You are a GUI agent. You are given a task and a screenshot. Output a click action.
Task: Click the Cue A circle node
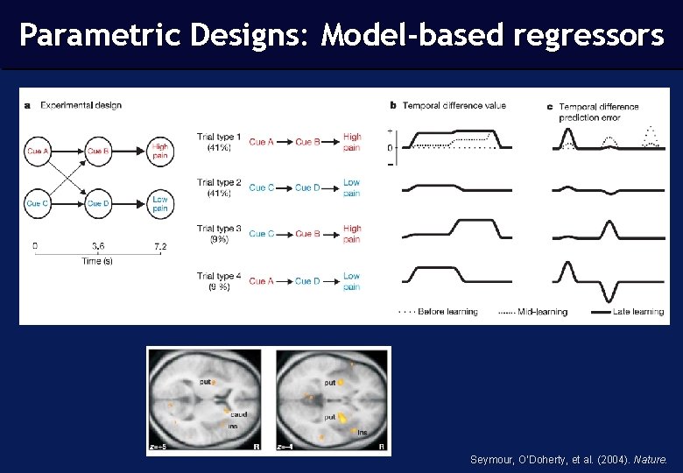[38, 152]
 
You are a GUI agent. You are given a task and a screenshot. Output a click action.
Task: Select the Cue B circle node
[98, 152]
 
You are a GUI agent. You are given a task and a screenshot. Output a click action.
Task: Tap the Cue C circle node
[38, 204]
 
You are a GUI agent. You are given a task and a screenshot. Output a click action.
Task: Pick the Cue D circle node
[98, 204]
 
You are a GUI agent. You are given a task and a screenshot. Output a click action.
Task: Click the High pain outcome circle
[159, 152]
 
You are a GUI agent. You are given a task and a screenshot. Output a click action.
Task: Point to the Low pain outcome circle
[159, 204]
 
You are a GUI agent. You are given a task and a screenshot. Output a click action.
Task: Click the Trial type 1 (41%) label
[218, 142]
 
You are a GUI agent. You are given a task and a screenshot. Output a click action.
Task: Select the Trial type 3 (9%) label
[218, 233]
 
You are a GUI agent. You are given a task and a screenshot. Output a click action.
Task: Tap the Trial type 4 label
[218, 280]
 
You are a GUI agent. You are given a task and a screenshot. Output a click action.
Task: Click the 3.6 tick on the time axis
[99, 246]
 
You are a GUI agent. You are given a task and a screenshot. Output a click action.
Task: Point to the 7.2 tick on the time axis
[160, 246]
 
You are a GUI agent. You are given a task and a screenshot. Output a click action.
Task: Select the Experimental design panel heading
[79, 105]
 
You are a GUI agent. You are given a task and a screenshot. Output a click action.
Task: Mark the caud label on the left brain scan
[239, 413]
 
